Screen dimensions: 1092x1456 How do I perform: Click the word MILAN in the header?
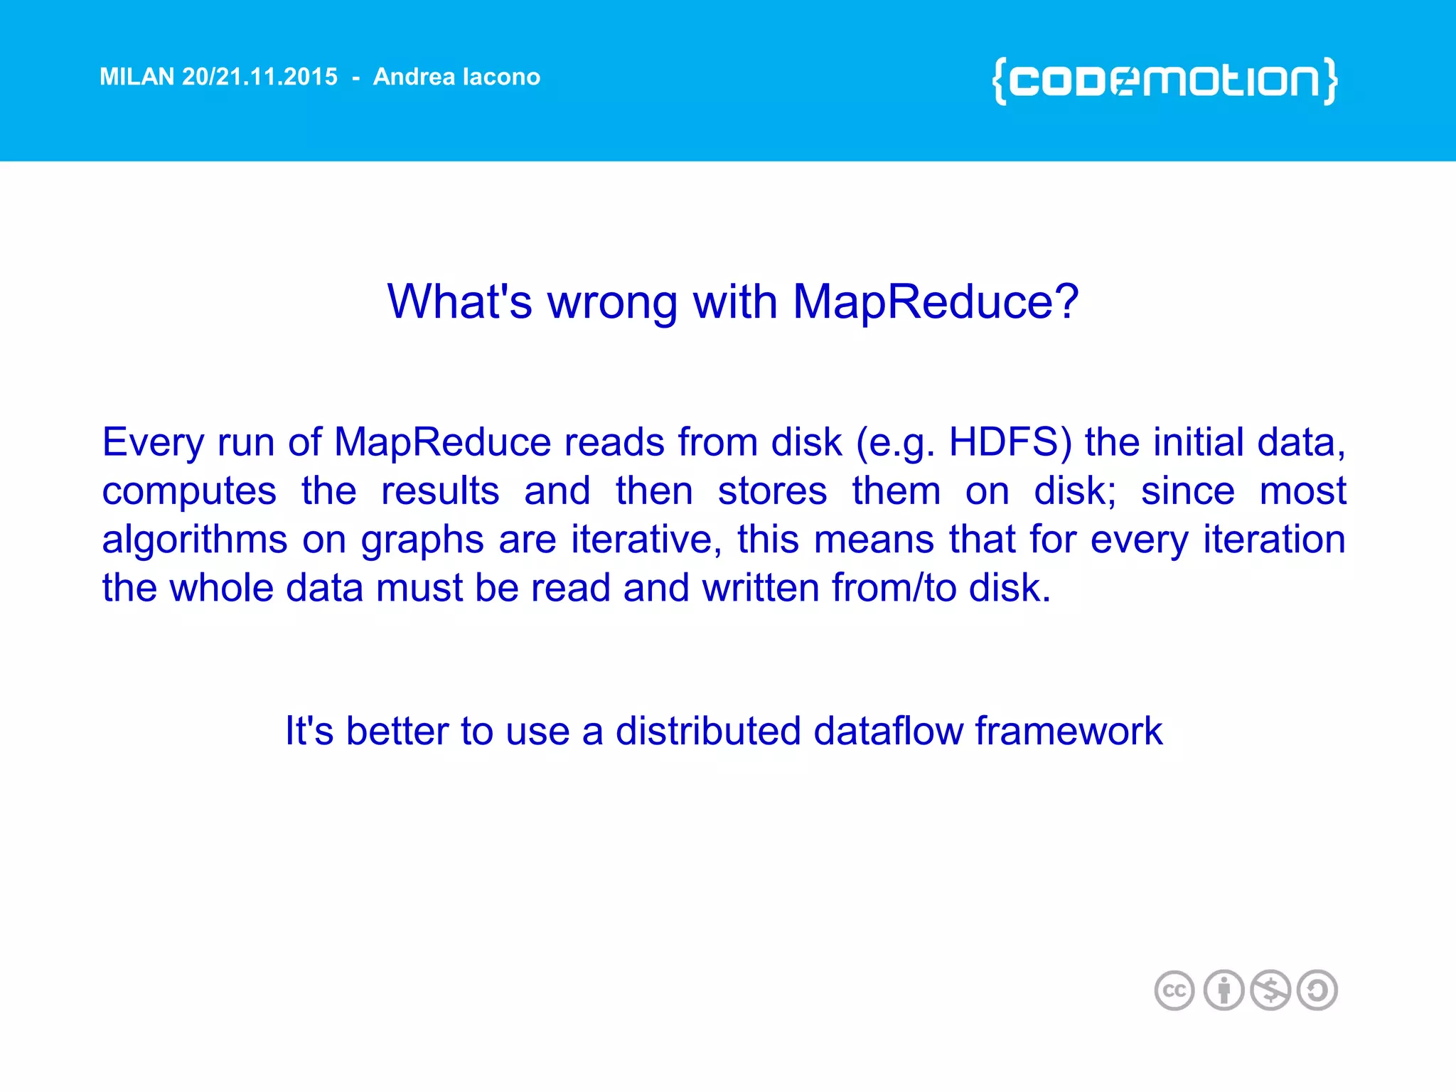(136, 77)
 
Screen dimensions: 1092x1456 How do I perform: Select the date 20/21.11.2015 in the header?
(259, 77)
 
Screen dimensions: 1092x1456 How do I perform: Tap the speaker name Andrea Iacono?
(456, 77)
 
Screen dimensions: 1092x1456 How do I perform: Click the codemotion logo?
(1165, 81)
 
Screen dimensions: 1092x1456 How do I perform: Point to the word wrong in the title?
(612, 302)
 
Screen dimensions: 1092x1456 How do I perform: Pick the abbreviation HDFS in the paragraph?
(1010, 442)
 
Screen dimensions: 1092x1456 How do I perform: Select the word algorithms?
(195, 540)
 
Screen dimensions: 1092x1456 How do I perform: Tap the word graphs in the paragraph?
(422, 540)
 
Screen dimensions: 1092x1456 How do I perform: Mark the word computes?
(189, 492)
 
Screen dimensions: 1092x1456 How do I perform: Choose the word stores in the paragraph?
(772, 491)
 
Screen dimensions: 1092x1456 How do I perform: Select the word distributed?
(708, 731)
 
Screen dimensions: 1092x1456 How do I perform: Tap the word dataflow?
(888, 731)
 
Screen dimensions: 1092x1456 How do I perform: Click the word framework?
(1069, 731)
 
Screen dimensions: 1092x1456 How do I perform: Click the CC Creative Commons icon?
(1174, 990)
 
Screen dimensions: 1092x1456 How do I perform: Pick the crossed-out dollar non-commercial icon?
(1270, 990)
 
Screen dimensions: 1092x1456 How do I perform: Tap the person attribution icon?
(1224, 990)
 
